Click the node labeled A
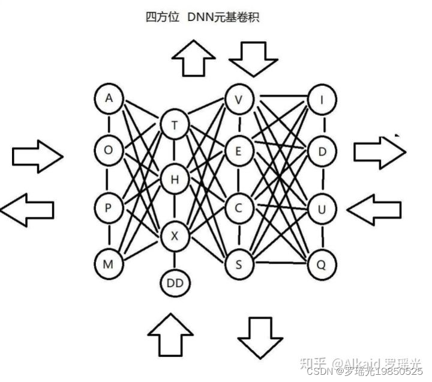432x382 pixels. [x=109, y=98]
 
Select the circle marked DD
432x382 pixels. [x=175, y=281]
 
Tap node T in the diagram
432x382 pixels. [x=175, y=125]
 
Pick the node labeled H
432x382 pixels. [x=175, y=179]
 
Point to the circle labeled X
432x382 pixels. [x=175, y=236]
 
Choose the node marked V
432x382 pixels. [x=239, y=99]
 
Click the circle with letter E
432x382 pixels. [x=239, y=151]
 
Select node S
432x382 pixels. [x=239, y=262]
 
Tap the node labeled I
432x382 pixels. [x=322, y=99]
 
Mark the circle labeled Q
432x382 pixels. [x=322, y=262]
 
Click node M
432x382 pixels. [x=109, y=262]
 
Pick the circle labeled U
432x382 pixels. [x=322, y=209]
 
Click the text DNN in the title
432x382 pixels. [x=201, y=17]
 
